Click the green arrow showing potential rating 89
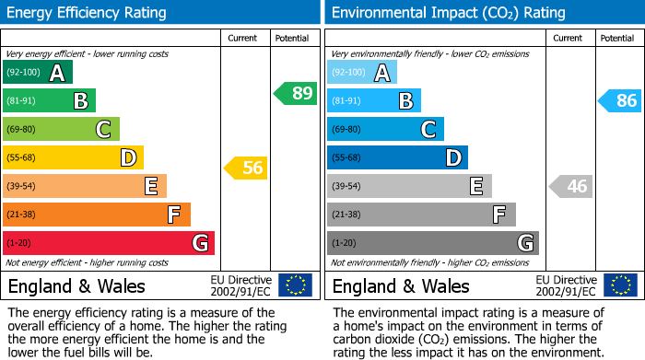pos(296,93)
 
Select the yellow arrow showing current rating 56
pos(246,168)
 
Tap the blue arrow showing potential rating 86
pos(620,100)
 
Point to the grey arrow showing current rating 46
pos(570,186)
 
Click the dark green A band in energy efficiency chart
pos(38,73)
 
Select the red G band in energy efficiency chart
pos(109,243)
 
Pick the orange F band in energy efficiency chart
pos(97,215)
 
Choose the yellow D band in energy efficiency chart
pos(73,157)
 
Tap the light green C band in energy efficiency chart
pos(61,129)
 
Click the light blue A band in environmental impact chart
pos(362,73)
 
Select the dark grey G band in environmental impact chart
pos(432,243)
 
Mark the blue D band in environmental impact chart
pos(397,157)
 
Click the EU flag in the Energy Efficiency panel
pos(295,285)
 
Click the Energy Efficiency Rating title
pos(88,13)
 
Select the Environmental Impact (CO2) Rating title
pos(448,13)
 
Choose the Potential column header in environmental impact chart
pos(616,38)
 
